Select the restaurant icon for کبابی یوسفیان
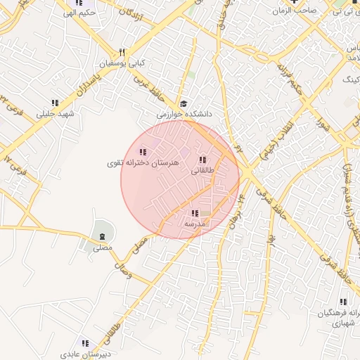pos(122,53)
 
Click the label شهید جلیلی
pos(55,113)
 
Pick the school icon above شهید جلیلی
pos(55,103)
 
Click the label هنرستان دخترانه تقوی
pos(143,162)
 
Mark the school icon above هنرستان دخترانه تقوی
pos(143,152)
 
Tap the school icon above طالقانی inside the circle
pos(202,160)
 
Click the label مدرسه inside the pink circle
pos(194,224)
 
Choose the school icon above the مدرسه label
pos(195,213)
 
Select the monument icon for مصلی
pos(103,235)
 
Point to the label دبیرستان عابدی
pos(84,354)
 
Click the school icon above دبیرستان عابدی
pos(85,344)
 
